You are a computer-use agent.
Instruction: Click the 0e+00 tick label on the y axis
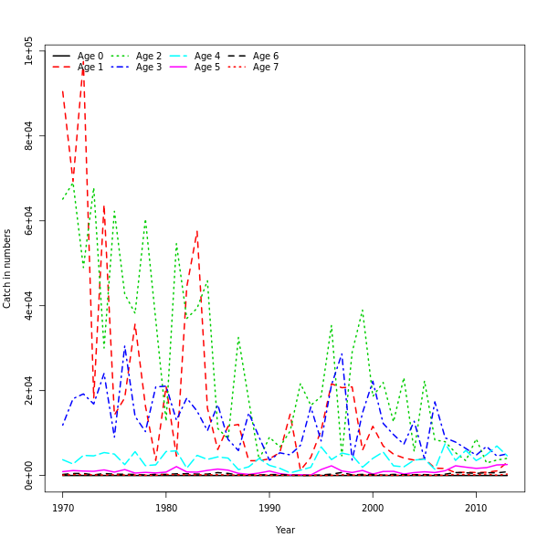(x=29, y=475)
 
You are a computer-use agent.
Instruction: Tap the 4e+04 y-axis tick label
(x=29, y=305)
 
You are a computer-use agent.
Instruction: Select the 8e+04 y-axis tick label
(x=29, y=136)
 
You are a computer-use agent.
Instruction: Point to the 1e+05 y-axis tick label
(x=29, y=51)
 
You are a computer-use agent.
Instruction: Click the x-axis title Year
(x=285, y=530)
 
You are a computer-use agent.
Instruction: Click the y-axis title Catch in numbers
(x=7, y=269)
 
